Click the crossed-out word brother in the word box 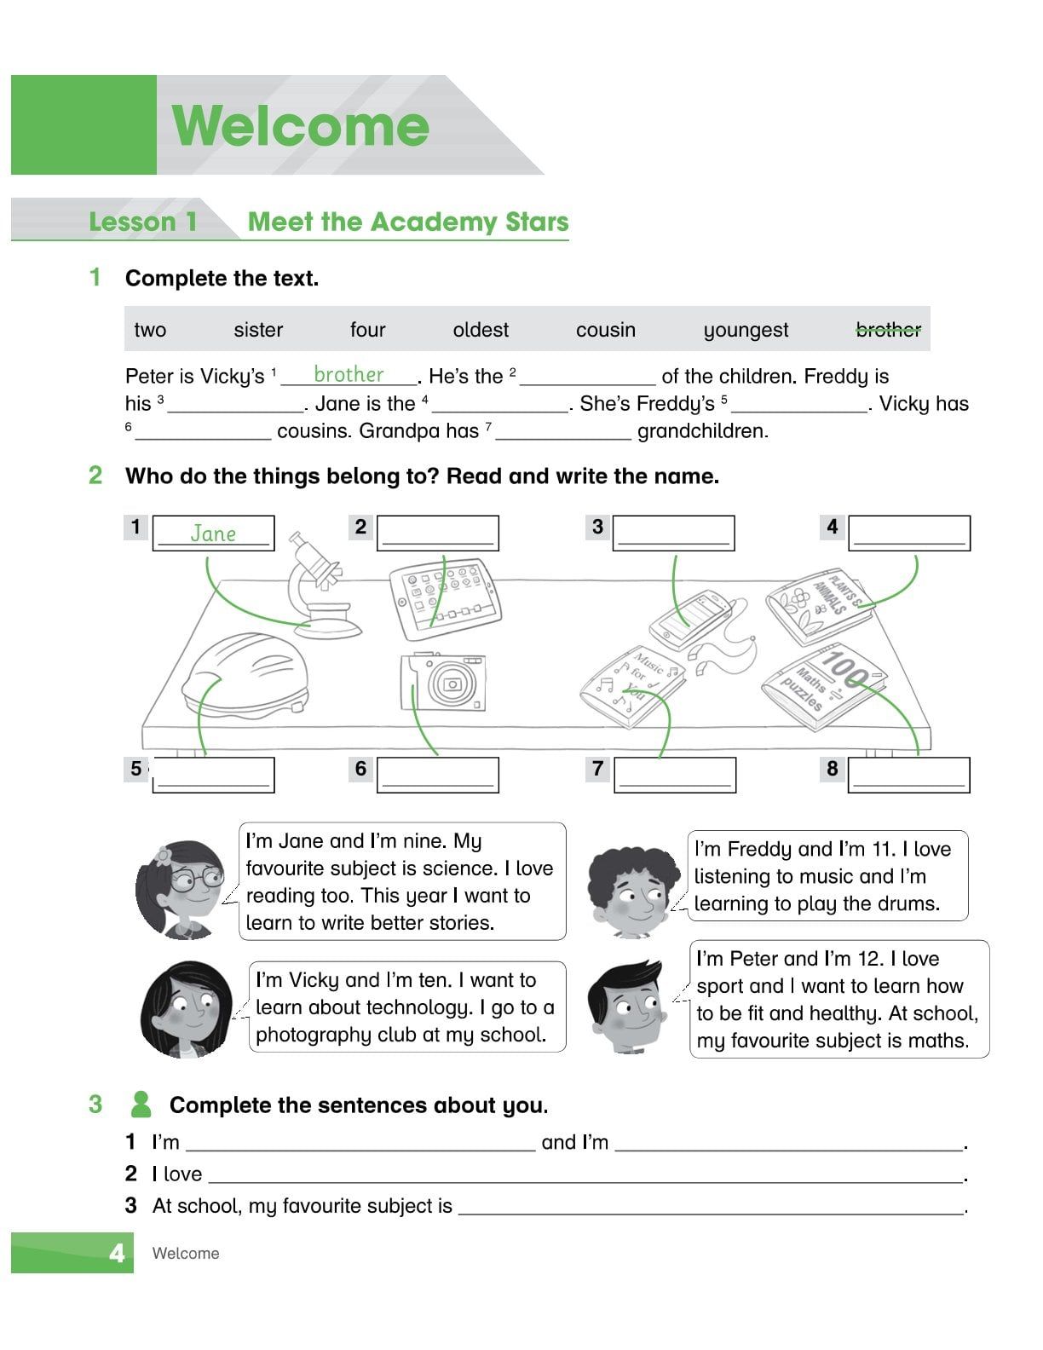(888, 330)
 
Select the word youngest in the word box (746, 330)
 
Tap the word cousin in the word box (605, 330)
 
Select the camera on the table (444, 682)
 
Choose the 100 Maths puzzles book (823, 686)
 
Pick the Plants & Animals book (818, 605)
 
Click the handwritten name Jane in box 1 (213, 534)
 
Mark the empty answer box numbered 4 (909, 533)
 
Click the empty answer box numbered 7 (675, 775)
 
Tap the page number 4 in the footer (117, 1253)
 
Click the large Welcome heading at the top (301, 125)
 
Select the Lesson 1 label (143, 222)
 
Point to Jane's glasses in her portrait (195, 879)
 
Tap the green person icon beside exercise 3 (141, 1105)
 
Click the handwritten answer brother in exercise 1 (349, 374)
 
